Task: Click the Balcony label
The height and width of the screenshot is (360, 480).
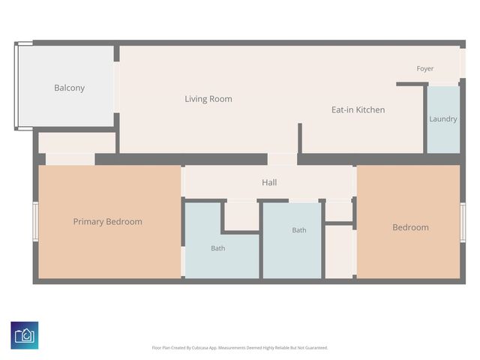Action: point(70,88)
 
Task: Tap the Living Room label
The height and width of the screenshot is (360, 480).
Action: point(208,99)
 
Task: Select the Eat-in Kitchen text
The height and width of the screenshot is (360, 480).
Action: point(358,109)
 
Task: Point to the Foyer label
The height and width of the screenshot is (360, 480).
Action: point(425,68)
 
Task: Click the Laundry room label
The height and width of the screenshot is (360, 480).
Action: point(443,118)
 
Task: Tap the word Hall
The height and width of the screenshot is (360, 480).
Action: point(269,182)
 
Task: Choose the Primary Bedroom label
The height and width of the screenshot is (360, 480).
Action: point(107,222)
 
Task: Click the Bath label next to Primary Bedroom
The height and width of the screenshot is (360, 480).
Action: point(218,248)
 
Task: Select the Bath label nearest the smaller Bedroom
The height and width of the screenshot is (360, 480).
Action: point(299,230)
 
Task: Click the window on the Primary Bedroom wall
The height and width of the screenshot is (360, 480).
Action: point(35,221)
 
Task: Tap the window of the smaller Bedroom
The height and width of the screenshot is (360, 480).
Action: point(463,223)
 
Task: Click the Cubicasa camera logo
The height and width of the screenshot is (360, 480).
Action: point(25,335)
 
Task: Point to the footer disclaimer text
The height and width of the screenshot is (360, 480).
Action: point(240,348)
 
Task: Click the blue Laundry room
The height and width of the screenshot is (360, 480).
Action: point(443,120)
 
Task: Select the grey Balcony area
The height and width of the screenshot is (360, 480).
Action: point(67,86)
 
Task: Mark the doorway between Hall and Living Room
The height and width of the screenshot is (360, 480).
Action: point(282,159)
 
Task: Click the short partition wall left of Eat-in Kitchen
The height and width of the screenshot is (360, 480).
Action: point(300,138)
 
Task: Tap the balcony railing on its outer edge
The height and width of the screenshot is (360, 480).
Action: point(16,86)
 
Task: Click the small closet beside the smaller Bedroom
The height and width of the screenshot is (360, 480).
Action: point(339,252)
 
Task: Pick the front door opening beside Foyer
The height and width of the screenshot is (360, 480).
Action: point(463,63)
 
